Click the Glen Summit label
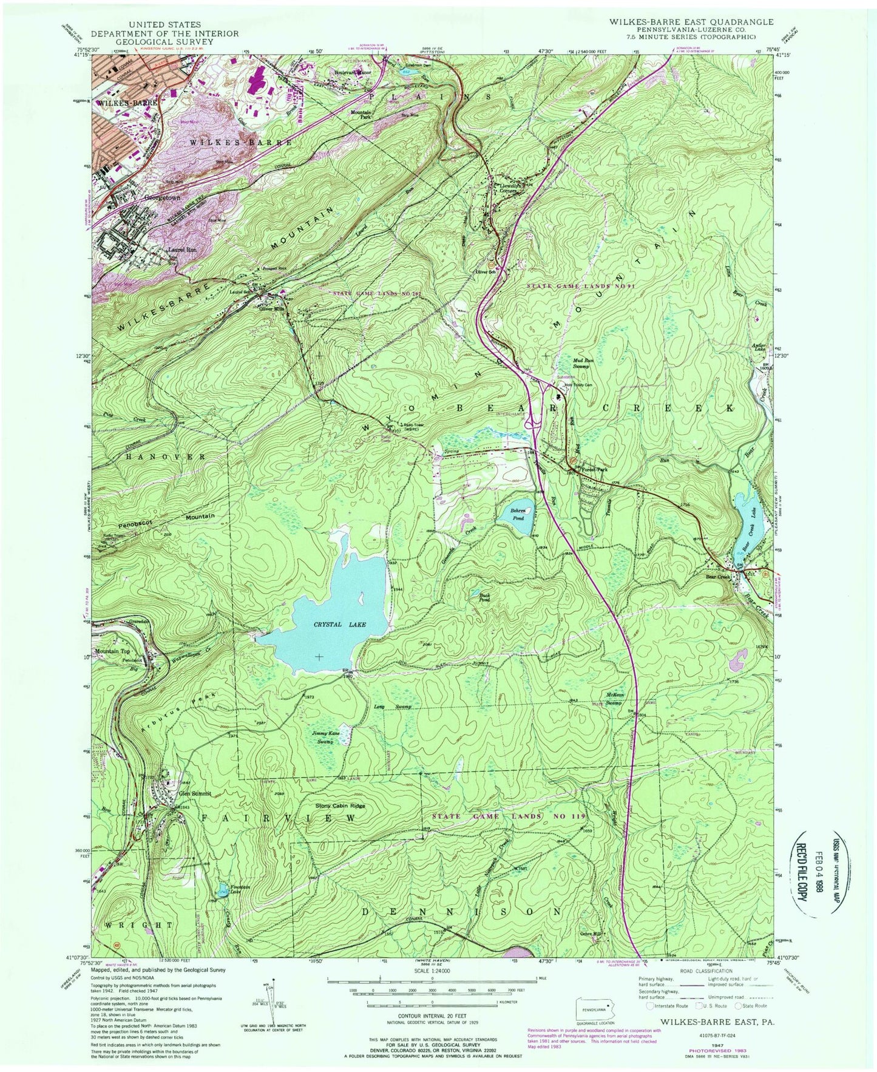tap(194, 793)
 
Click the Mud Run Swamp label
tap(586, 363)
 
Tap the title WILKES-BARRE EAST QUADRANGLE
tap(685, 21)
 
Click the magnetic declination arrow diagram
tap(265, 1002)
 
